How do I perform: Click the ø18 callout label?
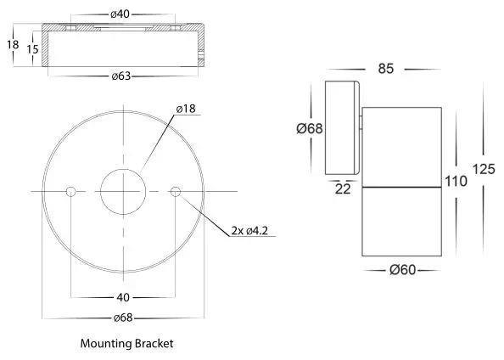(x=187, y=110)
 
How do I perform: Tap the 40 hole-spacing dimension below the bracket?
(x=124, y=298)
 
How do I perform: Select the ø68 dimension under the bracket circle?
(x=124, y=320)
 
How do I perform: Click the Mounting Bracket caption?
(x=126, y=344)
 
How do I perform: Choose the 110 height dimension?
(x=455, y=181)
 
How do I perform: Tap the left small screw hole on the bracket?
(x=71, y=191)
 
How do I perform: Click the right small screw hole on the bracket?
(x=176, y=191)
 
